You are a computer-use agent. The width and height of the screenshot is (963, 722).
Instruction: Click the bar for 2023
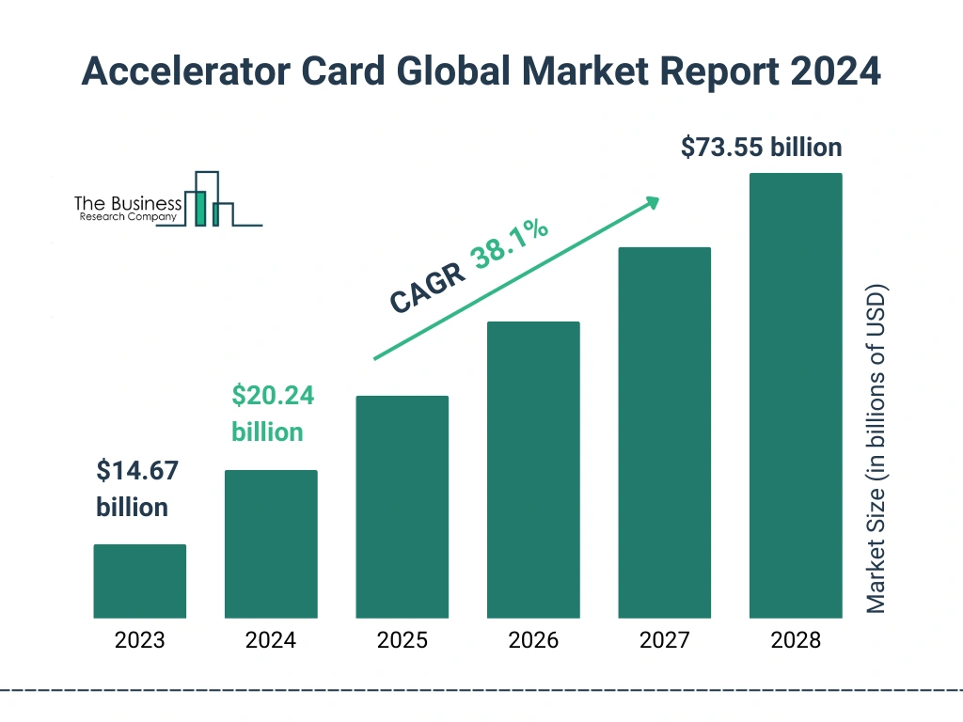[x=139, y=581]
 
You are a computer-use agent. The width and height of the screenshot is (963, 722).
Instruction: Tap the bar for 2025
[x=402, y=507]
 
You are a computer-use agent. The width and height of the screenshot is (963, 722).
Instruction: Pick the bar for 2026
[x=533, y=470]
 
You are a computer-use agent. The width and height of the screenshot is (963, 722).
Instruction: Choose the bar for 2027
[x=664, y=432]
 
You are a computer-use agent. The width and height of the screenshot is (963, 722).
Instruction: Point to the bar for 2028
[x=796, y=396]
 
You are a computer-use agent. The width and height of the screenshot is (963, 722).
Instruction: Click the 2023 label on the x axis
[x=139, y=641]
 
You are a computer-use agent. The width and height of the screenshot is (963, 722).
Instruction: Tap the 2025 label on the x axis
[x=402, y=641]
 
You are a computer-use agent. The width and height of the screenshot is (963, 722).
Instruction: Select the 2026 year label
[x=533, y=641]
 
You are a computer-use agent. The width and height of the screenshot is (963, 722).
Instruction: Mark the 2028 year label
[x=796, y=641]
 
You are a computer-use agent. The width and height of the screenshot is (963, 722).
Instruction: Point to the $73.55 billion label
[x=761, y=148]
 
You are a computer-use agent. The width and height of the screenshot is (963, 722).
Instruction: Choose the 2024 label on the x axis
[x=271, y=641]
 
